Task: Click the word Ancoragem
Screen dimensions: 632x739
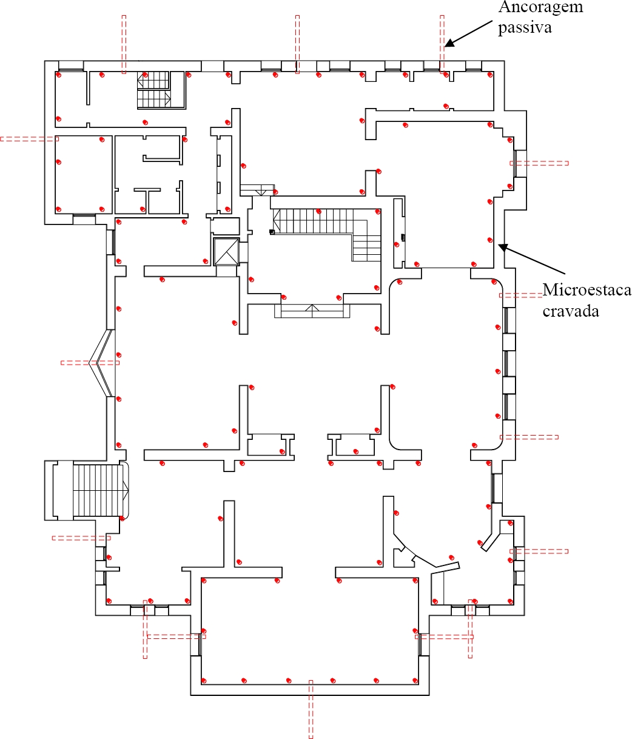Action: point(540,7)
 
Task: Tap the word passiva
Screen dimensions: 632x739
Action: point(525,28)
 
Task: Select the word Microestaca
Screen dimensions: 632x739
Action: point(587,289)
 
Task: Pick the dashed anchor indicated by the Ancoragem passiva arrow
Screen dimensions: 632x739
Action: point(442,44)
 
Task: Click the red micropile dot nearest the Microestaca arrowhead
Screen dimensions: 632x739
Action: point(490,240)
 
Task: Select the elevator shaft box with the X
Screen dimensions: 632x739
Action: point(226,252)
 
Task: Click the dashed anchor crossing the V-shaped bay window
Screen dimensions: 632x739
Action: point(90,363)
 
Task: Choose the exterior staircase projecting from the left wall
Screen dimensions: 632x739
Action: point(86,490)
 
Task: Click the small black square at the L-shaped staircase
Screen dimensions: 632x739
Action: point(272,232)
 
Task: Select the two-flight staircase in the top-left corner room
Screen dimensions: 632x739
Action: point(153,90)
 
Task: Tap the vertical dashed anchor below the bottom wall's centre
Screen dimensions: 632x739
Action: point(311,709)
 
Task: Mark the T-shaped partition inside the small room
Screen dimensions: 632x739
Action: point(147,201)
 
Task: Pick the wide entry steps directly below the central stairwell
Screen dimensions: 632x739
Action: point(312,311)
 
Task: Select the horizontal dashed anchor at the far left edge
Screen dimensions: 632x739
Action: point(29,139)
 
